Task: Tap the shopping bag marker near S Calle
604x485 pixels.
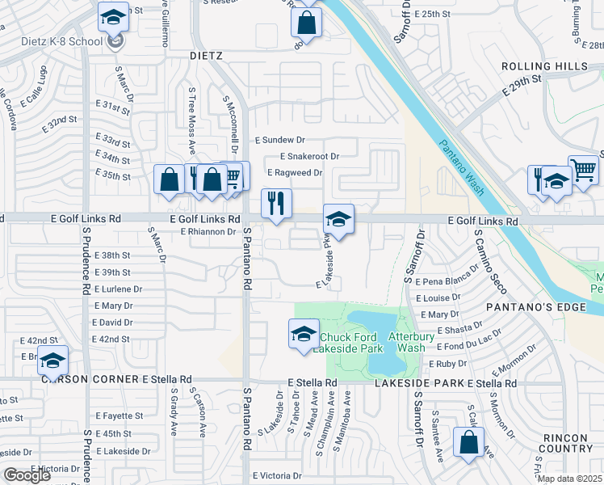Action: pyautogui.click(x=468, y=443)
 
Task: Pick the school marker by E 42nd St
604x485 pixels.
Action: pyautogui.click(x=52, y=362)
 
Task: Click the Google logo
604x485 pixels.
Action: pyautogui.click(x=27, y=474)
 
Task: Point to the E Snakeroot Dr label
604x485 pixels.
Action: pyautogui.click(x=308, y=156)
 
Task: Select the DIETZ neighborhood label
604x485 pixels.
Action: pyautogui.click(x=205, y=56)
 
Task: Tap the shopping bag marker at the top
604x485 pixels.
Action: pyautogui.click(x=307, y=23)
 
